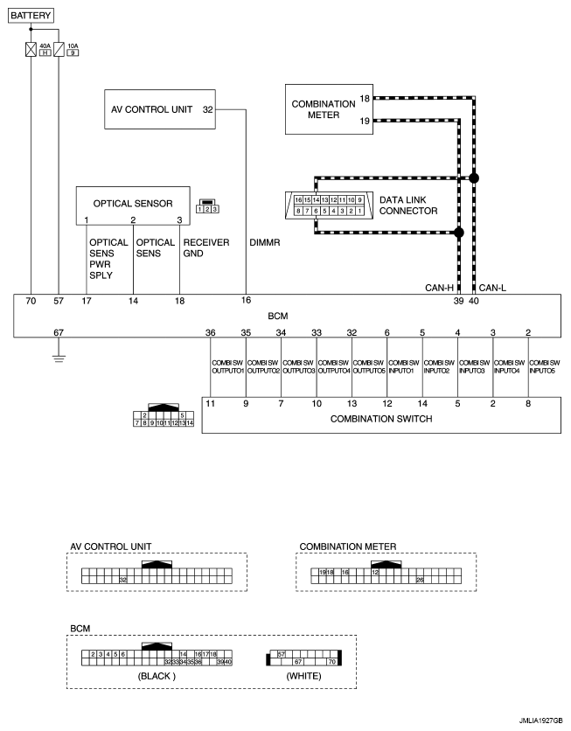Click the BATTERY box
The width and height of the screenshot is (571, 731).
[x=31, y=16]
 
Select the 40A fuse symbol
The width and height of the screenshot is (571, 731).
[x=31, y=49]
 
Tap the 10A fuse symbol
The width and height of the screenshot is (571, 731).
[x=59, y=49]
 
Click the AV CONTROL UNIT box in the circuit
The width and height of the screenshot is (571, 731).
[x=160, y=110]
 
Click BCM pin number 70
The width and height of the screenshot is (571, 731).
[x=31, y=302]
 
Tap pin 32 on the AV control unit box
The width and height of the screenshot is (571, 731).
[x=207, y=110]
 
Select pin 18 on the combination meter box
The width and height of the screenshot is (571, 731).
[x=366, y=99]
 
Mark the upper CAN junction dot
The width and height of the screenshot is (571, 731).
[x=474, y=178]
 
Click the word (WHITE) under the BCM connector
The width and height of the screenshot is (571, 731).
[x=303, y=676]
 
